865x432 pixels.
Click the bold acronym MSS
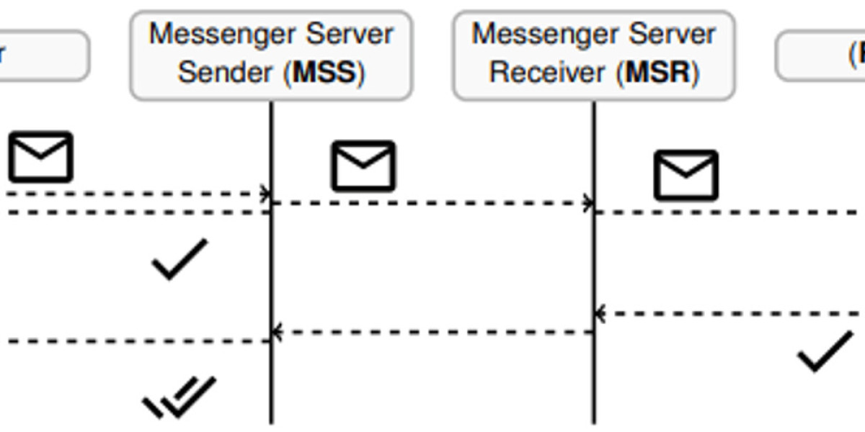point(326,73)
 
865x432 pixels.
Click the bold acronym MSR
point(657,73)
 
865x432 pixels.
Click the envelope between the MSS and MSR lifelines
point(363,166)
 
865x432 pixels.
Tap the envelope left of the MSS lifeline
point(40,156)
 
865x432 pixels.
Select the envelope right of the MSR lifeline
point(686,175)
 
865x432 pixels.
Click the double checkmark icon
point(180,397)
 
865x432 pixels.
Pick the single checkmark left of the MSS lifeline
point(179,259)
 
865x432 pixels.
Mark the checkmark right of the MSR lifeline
point(825,351)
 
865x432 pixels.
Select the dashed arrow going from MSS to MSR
point(432,203)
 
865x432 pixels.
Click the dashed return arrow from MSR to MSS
point(432,332)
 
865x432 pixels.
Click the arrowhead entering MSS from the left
point(265,194)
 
